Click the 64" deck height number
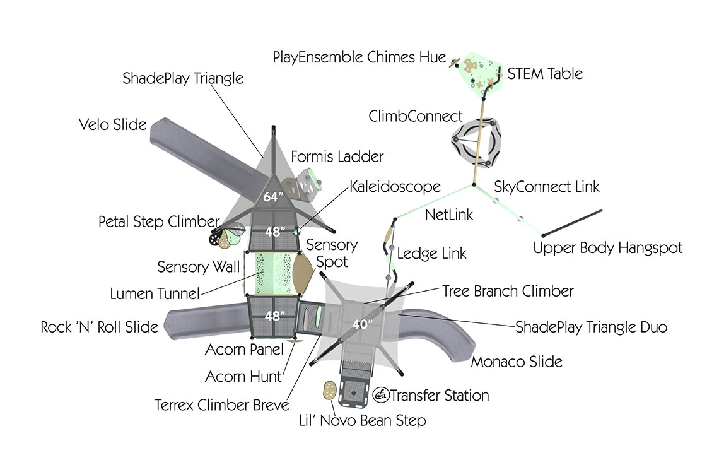(271, 197)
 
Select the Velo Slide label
(112, 124)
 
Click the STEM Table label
(545, 73)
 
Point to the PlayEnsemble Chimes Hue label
(359, 57)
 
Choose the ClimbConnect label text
(416, 116)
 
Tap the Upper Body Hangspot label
(607, 248)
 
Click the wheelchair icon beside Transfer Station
(381, 396)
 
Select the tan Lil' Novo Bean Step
(329, 389)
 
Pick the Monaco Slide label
(517, 362)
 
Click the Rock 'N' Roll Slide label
(100, 327)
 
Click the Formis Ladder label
(337, 156)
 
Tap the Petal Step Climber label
(158, 222)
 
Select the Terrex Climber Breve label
(222, 404)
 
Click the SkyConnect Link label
(547, 187)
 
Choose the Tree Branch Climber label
(508, 291)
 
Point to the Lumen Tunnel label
(155, 293)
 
